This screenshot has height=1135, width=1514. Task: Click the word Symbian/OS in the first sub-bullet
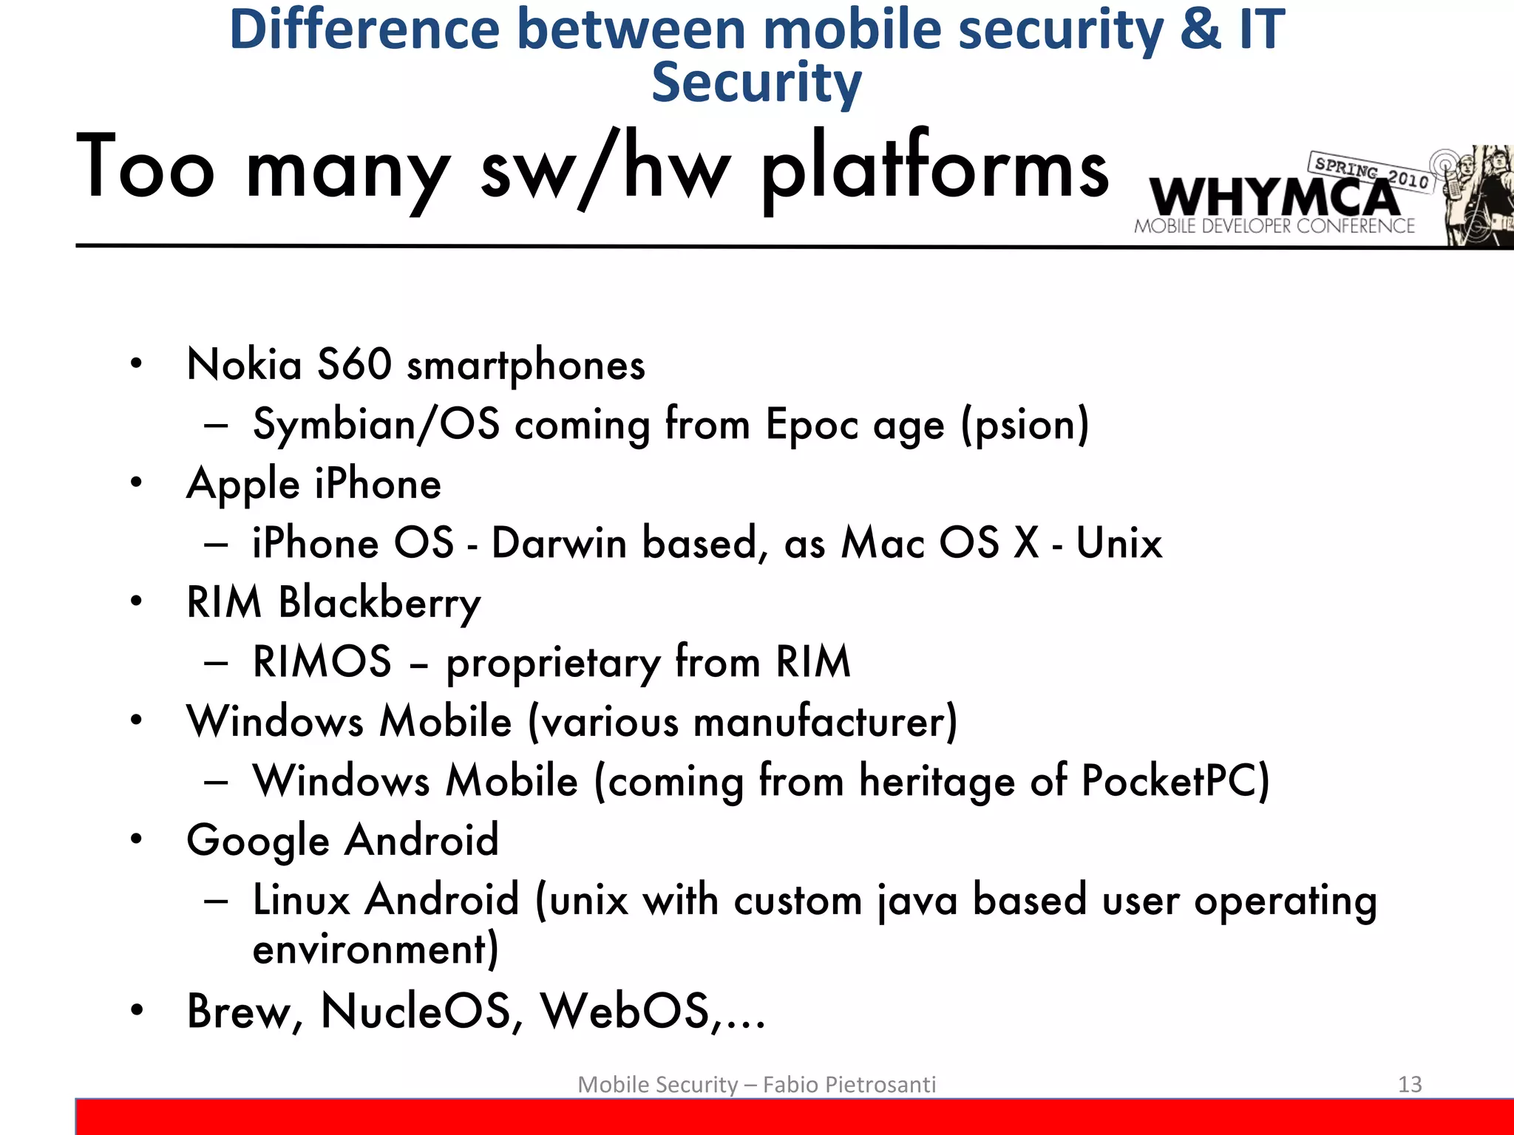376,425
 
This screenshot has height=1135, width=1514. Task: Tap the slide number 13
1410,1084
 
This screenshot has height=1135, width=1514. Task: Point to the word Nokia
245,364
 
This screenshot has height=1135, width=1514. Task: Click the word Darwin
559,543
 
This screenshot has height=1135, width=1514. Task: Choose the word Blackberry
379,603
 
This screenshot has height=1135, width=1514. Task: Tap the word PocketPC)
1175,781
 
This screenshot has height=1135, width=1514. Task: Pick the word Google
258,842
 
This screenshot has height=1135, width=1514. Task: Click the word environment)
376,950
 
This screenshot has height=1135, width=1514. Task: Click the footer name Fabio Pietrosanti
849,1084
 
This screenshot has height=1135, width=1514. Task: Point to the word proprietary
553,663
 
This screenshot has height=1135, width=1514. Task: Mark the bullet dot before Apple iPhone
136,483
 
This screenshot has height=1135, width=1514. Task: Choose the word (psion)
1025,425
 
